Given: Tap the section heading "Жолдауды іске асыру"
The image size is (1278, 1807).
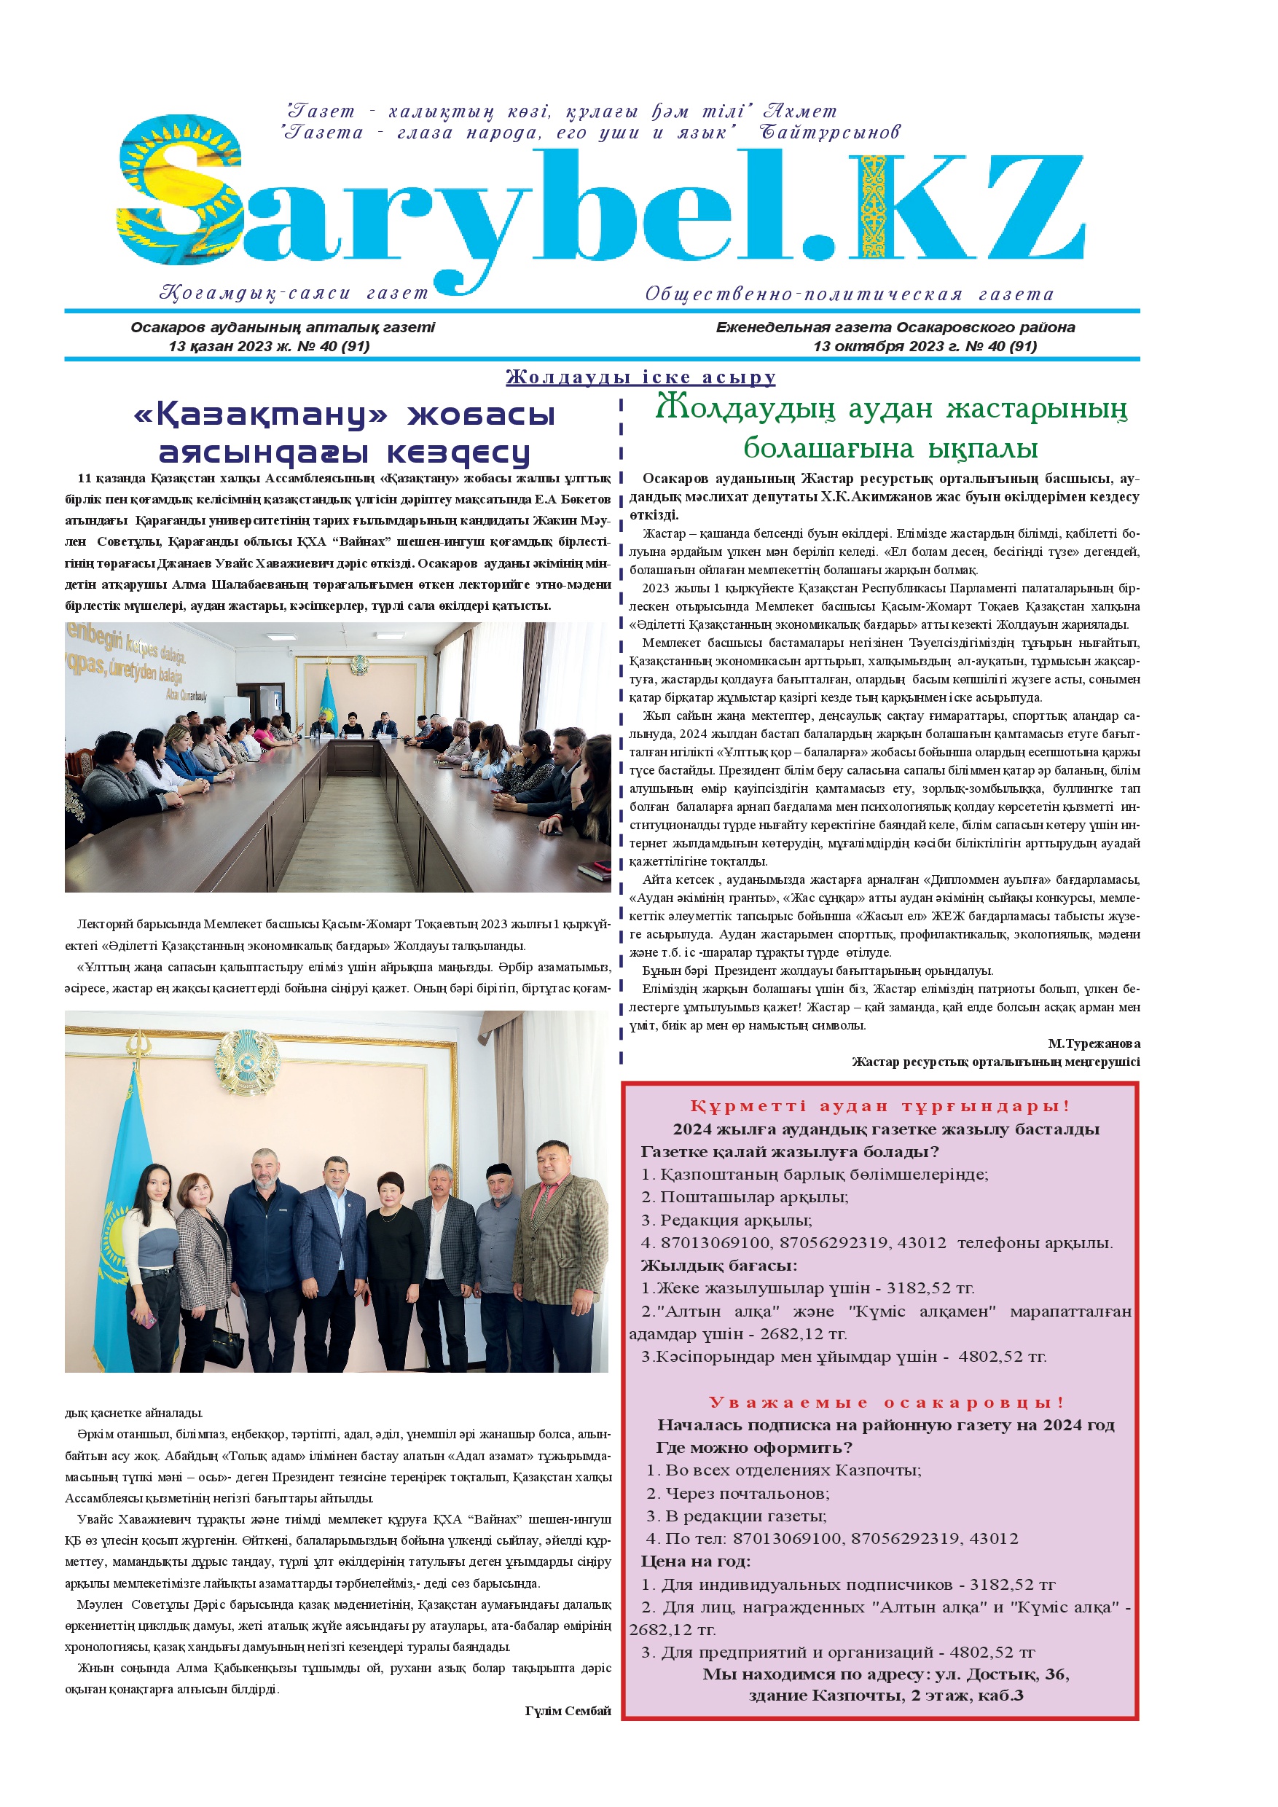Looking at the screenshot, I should coord(640,377).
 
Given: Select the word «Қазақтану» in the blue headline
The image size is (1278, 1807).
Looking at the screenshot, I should coord(260,415).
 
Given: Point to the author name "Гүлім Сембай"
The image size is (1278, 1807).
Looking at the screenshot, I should coord(568,1710).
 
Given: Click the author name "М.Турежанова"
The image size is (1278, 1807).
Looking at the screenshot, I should coord(1093,1043).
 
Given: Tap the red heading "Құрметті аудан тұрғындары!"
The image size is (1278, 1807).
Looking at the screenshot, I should coord(879,1106).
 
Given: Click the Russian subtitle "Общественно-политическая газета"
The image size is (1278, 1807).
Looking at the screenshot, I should coord(848,294).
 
